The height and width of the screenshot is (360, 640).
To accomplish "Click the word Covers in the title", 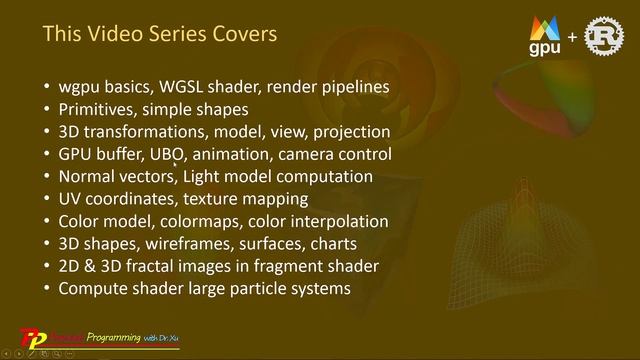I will [240, 34].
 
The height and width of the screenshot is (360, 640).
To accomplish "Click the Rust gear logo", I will [603, 37].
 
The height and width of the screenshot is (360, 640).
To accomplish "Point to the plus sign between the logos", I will [572, 39].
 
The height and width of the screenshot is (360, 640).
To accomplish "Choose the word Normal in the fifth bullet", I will [88, 177].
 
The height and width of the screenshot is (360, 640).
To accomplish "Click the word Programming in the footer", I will [113, 337].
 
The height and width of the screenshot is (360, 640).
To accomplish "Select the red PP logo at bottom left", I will [34, 337].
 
